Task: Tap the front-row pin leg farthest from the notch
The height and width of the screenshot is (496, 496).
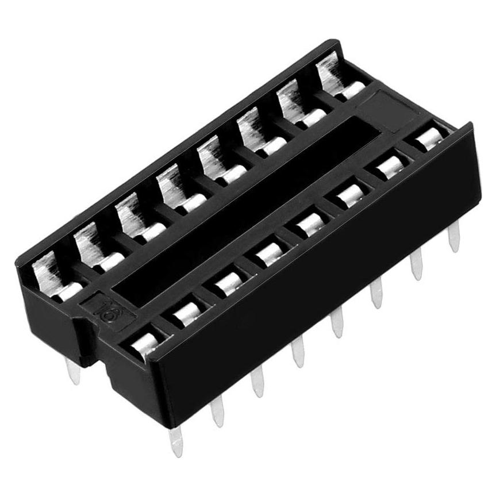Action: tap(455, 236)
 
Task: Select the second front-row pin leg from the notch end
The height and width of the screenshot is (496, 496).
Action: tap(217, 410)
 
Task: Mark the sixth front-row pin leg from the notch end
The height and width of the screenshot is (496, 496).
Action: tap(377, 293)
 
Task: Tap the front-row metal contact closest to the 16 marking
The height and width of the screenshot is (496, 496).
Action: tap(144, 343)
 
